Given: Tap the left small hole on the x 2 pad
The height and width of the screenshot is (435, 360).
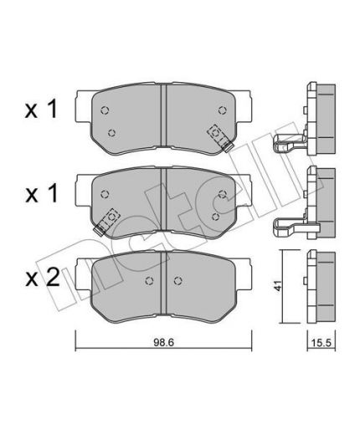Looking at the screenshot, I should (149, 281).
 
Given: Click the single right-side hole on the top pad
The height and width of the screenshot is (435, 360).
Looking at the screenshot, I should (222, 109).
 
